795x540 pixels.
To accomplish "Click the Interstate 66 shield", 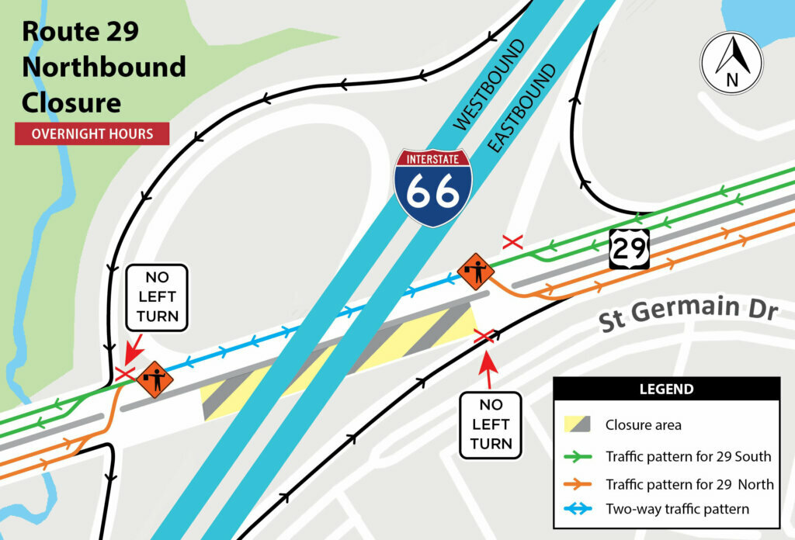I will point(432,187).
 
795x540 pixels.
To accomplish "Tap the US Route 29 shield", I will point(628,248).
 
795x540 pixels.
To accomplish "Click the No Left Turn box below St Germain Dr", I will point(491,424).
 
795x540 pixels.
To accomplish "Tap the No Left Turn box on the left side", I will point(156,297).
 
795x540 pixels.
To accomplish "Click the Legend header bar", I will point(666,388).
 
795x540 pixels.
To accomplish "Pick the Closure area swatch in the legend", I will point(579,424).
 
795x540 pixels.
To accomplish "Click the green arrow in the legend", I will point(579,456).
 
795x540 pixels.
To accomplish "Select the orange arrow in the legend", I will point(579,484).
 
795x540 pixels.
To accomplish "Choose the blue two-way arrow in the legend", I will point(579,510).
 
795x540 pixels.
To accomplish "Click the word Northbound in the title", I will point(103,67).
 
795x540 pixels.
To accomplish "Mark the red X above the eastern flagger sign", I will point(513,242).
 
